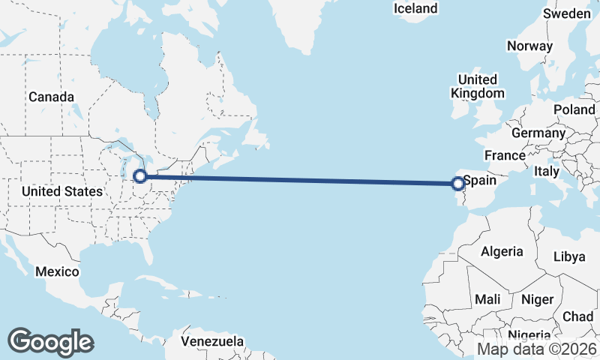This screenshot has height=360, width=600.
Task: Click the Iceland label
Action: coord(415,8)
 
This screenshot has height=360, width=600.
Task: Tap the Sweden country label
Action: coord(566,14)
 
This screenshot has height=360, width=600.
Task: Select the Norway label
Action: coord(529,46)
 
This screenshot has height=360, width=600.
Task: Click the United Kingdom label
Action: coord(477,86)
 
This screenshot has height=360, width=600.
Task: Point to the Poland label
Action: coord(574,109)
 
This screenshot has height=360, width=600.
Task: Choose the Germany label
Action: coord(538,133)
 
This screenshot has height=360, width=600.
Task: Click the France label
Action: coord(504,155)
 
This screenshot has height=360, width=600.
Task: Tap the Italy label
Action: coord(547,172)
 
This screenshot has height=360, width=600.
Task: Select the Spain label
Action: coord(480,181)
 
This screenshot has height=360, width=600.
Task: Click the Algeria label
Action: coord(502,251)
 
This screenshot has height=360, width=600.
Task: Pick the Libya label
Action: coord(568,256)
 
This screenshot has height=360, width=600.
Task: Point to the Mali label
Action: coord(487,299)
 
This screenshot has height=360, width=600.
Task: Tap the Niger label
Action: coord(537,299)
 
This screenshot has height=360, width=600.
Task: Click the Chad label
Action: coord(577,316)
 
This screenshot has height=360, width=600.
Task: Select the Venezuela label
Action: coord(212,341)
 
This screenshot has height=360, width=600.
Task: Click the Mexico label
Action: coord(58,271)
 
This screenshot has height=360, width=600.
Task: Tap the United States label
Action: coord(61,192)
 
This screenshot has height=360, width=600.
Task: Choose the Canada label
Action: coord(51,97)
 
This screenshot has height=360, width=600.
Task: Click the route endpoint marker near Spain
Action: coord(457,183)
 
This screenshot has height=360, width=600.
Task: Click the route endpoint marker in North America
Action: coord(139,177)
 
